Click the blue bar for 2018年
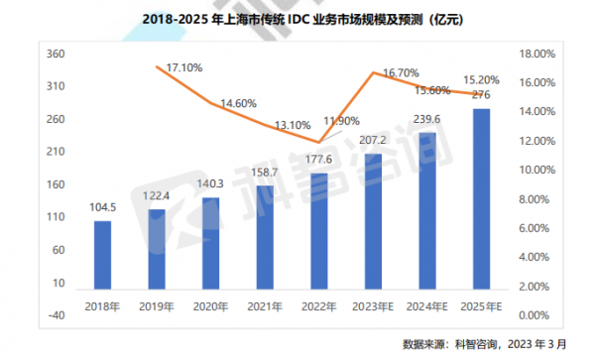click(102, 250)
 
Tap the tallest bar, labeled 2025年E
click(480, 194)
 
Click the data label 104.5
click(102, 208)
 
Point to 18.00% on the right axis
click(544, 54)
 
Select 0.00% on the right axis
click(544, 315)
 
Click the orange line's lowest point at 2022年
click(318, 142)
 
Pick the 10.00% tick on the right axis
click(544, 170)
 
